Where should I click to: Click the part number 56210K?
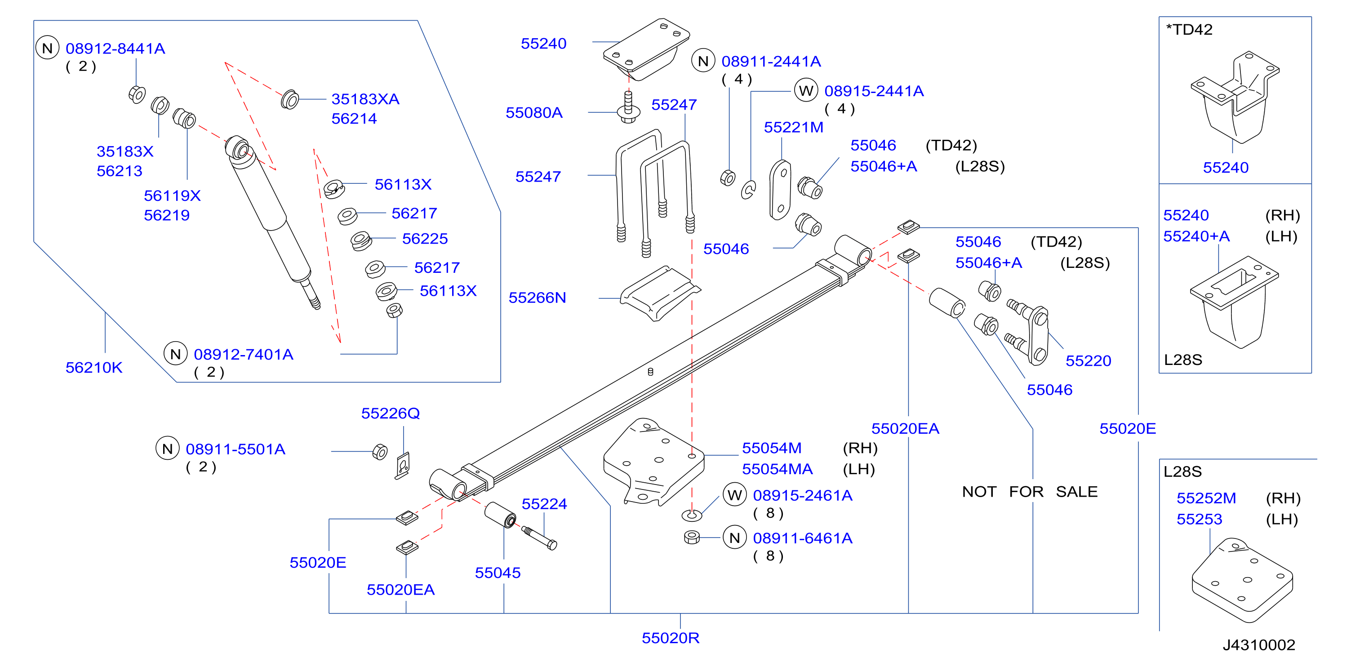point(94,368)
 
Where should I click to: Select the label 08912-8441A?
point(116,49)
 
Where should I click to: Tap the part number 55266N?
point(537,298)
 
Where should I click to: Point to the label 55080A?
point(534,113)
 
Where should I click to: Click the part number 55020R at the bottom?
point(670,638)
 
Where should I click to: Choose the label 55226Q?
point(390,414)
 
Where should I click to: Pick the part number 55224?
point(544,504)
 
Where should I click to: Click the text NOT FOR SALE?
point(1030,492)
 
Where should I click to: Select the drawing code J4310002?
point(1259,645)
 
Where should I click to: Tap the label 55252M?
point(1206,498)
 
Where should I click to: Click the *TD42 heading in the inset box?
point(1189,29)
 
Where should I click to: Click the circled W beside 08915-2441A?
point(806,91)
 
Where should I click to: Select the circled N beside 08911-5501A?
point(167,449)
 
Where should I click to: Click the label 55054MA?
point(777,469)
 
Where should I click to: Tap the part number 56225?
point(425,239)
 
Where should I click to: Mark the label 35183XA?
point(365,99)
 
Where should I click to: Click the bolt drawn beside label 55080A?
point(628,107)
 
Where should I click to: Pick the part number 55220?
point(1088,361)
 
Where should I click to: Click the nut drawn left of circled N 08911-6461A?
point(692,538)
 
